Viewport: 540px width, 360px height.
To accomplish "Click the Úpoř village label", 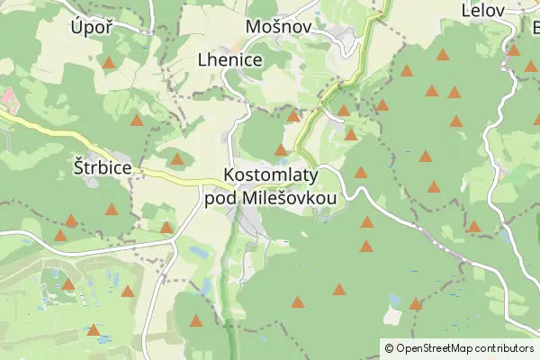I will click(90, 27).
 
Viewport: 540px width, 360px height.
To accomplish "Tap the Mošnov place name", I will click(278, 27).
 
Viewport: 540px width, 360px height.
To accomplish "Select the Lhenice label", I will click(229, 60).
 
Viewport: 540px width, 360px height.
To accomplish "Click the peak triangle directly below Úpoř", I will click(109, 63).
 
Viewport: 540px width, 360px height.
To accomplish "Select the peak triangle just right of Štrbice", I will click(177, 160).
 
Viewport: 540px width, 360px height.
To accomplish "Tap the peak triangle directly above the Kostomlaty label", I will click(280, 150).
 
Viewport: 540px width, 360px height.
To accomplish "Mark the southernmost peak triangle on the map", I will click(196, 319).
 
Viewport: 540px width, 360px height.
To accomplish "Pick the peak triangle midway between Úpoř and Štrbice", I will click(137, 120).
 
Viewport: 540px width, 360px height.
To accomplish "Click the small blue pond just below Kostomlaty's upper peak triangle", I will click(283, 161).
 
